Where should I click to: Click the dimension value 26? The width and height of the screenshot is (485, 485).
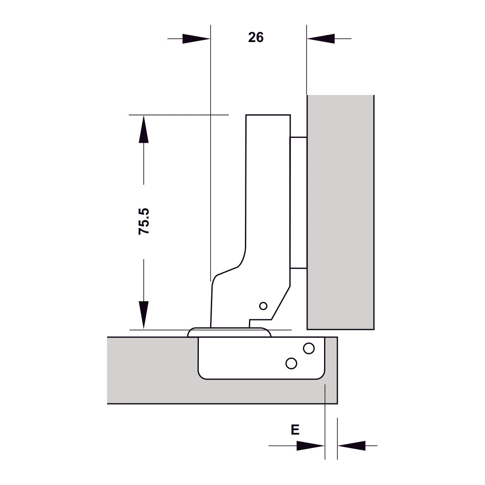click(256, 38)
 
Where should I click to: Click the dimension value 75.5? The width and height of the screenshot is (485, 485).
click(144, 221)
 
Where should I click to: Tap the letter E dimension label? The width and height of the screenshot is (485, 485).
click(295, 429)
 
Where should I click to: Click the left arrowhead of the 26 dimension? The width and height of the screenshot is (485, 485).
click(196, 39)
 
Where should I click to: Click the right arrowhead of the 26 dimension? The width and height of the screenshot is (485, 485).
click(321, 39)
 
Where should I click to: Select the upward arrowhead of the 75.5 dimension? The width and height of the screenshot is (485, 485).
click(143, 129)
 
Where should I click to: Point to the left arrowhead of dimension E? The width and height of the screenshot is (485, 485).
click(310, 446)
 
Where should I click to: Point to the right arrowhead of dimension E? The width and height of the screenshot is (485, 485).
click(352, 446)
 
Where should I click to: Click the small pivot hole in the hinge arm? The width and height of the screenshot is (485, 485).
click(263, 306)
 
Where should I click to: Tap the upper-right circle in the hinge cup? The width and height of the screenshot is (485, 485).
click(309, 348)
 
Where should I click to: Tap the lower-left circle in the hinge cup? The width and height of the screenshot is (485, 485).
click(291, 363)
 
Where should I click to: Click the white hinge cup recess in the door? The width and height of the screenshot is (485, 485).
click(242, 360)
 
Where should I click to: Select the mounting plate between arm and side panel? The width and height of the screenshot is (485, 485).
click(298, 202)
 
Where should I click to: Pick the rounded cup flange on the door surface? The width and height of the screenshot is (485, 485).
click(229, 332)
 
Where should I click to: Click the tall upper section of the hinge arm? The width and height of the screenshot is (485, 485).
click(268, 182)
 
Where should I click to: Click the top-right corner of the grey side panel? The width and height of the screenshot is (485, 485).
click(373, 96)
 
